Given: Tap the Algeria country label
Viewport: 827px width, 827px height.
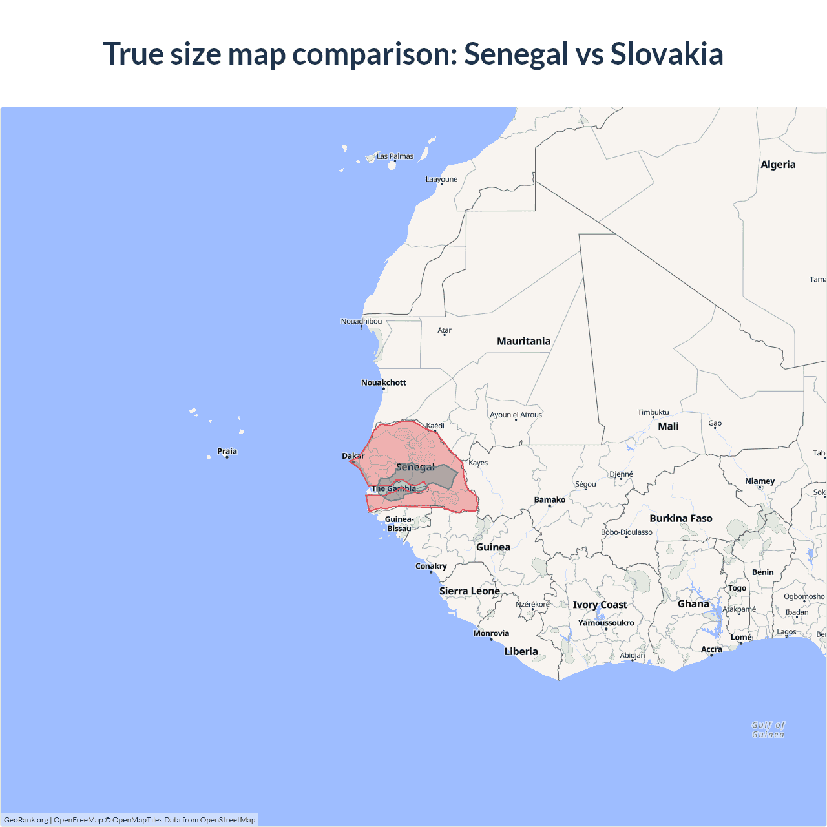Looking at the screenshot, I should tap(778, 165).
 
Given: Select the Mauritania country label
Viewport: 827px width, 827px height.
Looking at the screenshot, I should tap(523, 341).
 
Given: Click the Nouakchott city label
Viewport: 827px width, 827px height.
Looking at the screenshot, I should tap(384, 382).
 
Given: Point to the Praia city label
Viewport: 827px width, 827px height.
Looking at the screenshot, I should tap(227, 451).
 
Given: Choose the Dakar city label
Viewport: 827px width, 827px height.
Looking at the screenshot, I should tap(353, 456).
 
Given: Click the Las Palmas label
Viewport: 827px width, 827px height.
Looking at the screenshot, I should tap(395, 156).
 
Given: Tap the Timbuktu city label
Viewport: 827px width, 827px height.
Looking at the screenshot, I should tap(653, 412).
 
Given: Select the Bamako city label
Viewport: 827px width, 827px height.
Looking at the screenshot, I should tap(549, 499).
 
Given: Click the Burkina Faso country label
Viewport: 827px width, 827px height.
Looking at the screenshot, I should tap(681, 518).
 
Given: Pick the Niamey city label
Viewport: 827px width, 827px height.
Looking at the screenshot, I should tap(760, 481).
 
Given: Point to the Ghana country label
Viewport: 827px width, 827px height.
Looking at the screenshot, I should tap(693, 603).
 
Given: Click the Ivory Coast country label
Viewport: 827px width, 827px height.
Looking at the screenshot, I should tap(600, 605).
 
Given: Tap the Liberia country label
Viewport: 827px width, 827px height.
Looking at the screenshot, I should tap(521, 651).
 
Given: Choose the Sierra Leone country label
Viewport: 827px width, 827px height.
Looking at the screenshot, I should tap(470, 591).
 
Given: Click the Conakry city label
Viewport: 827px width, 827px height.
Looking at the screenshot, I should tap(431, 566).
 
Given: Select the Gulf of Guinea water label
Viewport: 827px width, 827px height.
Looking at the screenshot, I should tap(768, 729).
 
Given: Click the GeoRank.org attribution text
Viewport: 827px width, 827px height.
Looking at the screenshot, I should tap(26, 820).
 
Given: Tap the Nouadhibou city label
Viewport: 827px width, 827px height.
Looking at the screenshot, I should tap(361, 321).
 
